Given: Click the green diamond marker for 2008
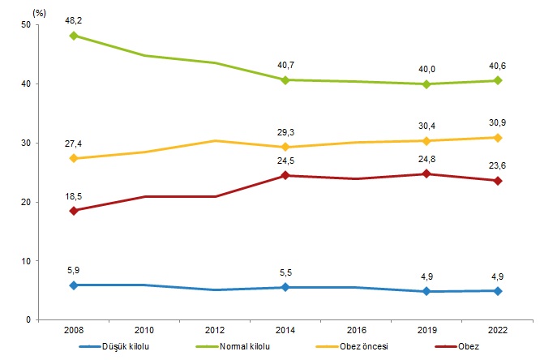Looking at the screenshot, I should pyautogui.click(x=74, y=36).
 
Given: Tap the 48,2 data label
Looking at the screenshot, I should pyautogui.click(x=74, y=19).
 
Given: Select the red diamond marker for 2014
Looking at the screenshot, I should pyautogui.click(x=285, y=175).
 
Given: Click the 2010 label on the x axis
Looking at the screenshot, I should pyautogui.click(x=144, y=330).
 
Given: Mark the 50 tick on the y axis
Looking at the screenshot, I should pyautogui.click(x=27, y=25).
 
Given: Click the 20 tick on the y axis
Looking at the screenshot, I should pyautogui.click(x=27, y=202).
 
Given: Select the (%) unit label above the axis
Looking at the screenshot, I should pyautogui.click(x=37, y=11).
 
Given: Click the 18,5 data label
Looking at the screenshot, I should pyautogui.click(x=74, y=195).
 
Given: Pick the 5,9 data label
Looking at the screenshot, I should pyautogui.click(x=74, y=269).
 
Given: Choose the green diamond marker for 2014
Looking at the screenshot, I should pyautogui.click(x=285, y=79).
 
